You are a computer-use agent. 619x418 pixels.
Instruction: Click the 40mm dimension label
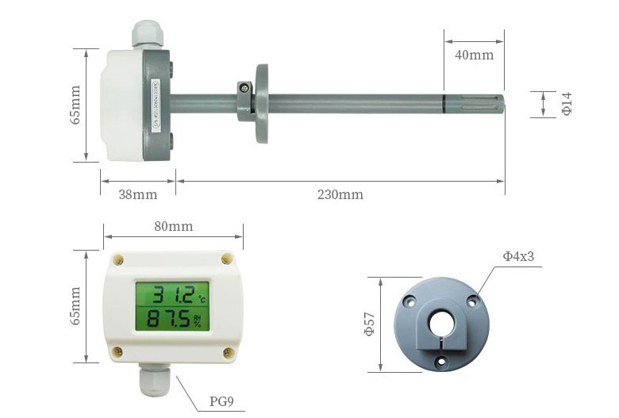tap(475, 55)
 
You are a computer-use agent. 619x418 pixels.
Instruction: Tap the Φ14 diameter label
tap(567, 104)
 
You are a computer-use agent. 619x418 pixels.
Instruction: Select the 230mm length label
tap(340, 194)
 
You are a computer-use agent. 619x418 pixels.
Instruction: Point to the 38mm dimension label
tap(137, 194)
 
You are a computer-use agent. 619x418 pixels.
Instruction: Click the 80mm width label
tap(173, 226)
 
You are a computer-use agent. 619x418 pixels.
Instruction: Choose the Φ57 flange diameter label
tap(369, 324)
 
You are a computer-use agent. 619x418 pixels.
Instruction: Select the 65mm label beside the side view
tap(75, 105)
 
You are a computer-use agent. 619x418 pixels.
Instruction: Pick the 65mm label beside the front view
tap(75, 307)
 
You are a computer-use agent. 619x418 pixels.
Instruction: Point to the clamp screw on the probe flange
tap(248, 88)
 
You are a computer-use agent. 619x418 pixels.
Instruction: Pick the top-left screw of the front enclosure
tap(118, 259)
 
